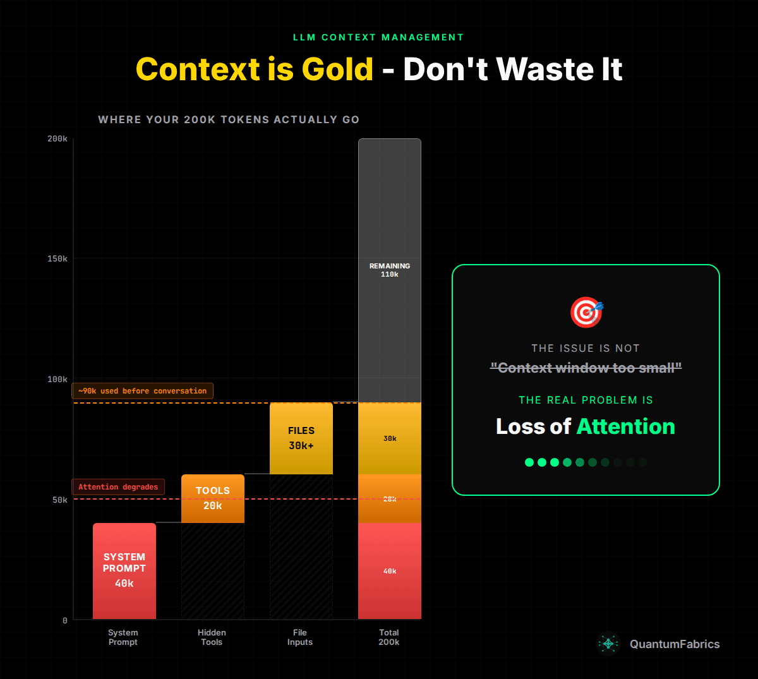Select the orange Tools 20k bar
213,498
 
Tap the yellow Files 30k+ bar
301,438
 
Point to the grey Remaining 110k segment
390,270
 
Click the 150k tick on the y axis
57,259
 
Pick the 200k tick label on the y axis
57,139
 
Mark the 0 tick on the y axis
65,620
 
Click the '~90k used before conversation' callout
143,391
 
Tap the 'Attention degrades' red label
118,487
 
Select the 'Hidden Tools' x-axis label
212,637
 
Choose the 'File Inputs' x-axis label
300,637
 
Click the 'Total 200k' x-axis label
389,637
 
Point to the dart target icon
586,312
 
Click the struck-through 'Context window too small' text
586,368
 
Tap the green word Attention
626,426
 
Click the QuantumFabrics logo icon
609,644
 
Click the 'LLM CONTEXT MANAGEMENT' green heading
378,37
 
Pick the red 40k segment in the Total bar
390,571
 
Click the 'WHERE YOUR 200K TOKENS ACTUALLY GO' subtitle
229,119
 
